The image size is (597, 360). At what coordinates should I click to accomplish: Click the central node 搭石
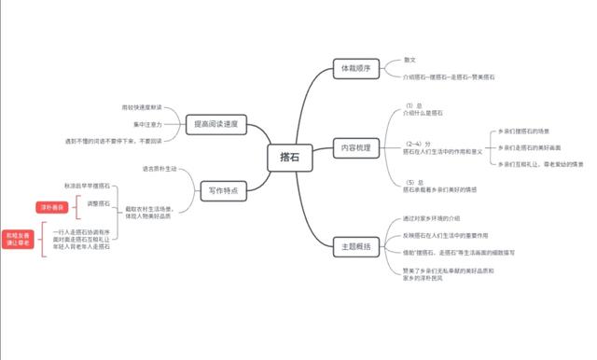click(288, 159)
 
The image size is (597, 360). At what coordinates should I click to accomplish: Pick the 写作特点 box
click(220, 190)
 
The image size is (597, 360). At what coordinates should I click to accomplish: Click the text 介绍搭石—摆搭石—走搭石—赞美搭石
click(443, 77)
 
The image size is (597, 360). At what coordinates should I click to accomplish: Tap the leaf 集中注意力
click(146, 124)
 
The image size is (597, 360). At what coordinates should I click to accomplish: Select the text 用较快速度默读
click(141, 108)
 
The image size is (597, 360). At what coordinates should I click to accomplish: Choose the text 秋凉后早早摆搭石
click(87, 187)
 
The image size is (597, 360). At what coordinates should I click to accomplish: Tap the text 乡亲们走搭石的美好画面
click(529, 147)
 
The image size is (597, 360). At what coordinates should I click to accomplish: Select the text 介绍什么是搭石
click(423, 112)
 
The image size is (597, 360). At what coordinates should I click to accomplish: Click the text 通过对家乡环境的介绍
click(437, 218)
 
